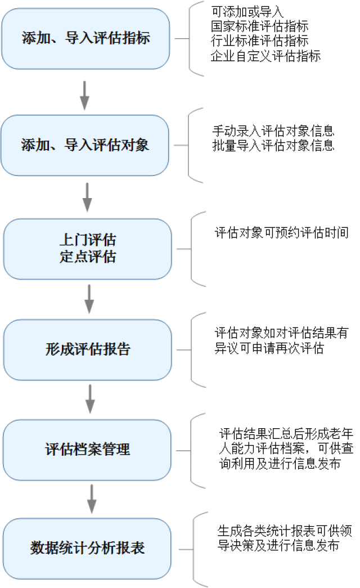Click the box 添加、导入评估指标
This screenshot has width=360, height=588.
(x=85, y=38)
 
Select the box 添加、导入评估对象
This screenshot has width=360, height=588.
(x=85, y=145)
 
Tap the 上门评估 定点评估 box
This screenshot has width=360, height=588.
(x=87, y=249)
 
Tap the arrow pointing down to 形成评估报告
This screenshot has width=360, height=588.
(x=89, y=299)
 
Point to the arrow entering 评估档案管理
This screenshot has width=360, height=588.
(x=90, y=399)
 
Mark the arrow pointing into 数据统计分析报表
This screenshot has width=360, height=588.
(x=90, y=499)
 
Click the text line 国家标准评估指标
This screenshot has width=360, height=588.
(x=259, y=26)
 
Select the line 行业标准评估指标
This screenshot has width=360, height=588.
(x=259, y=41)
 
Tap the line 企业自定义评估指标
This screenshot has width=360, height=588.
(x=265, y=56)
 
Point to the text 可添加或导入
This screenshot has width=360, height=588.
(x=247, y=11)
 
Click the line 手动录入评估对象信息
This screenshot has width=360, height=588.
(x=273, y=131)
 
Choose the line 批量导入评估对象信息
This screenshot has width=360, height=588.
(x=273, y=146)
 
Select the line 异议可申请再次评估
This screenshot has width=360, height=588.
(x=269, y=349)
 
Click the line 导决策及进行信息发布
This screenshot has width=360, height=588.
(x=278, y=545)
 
